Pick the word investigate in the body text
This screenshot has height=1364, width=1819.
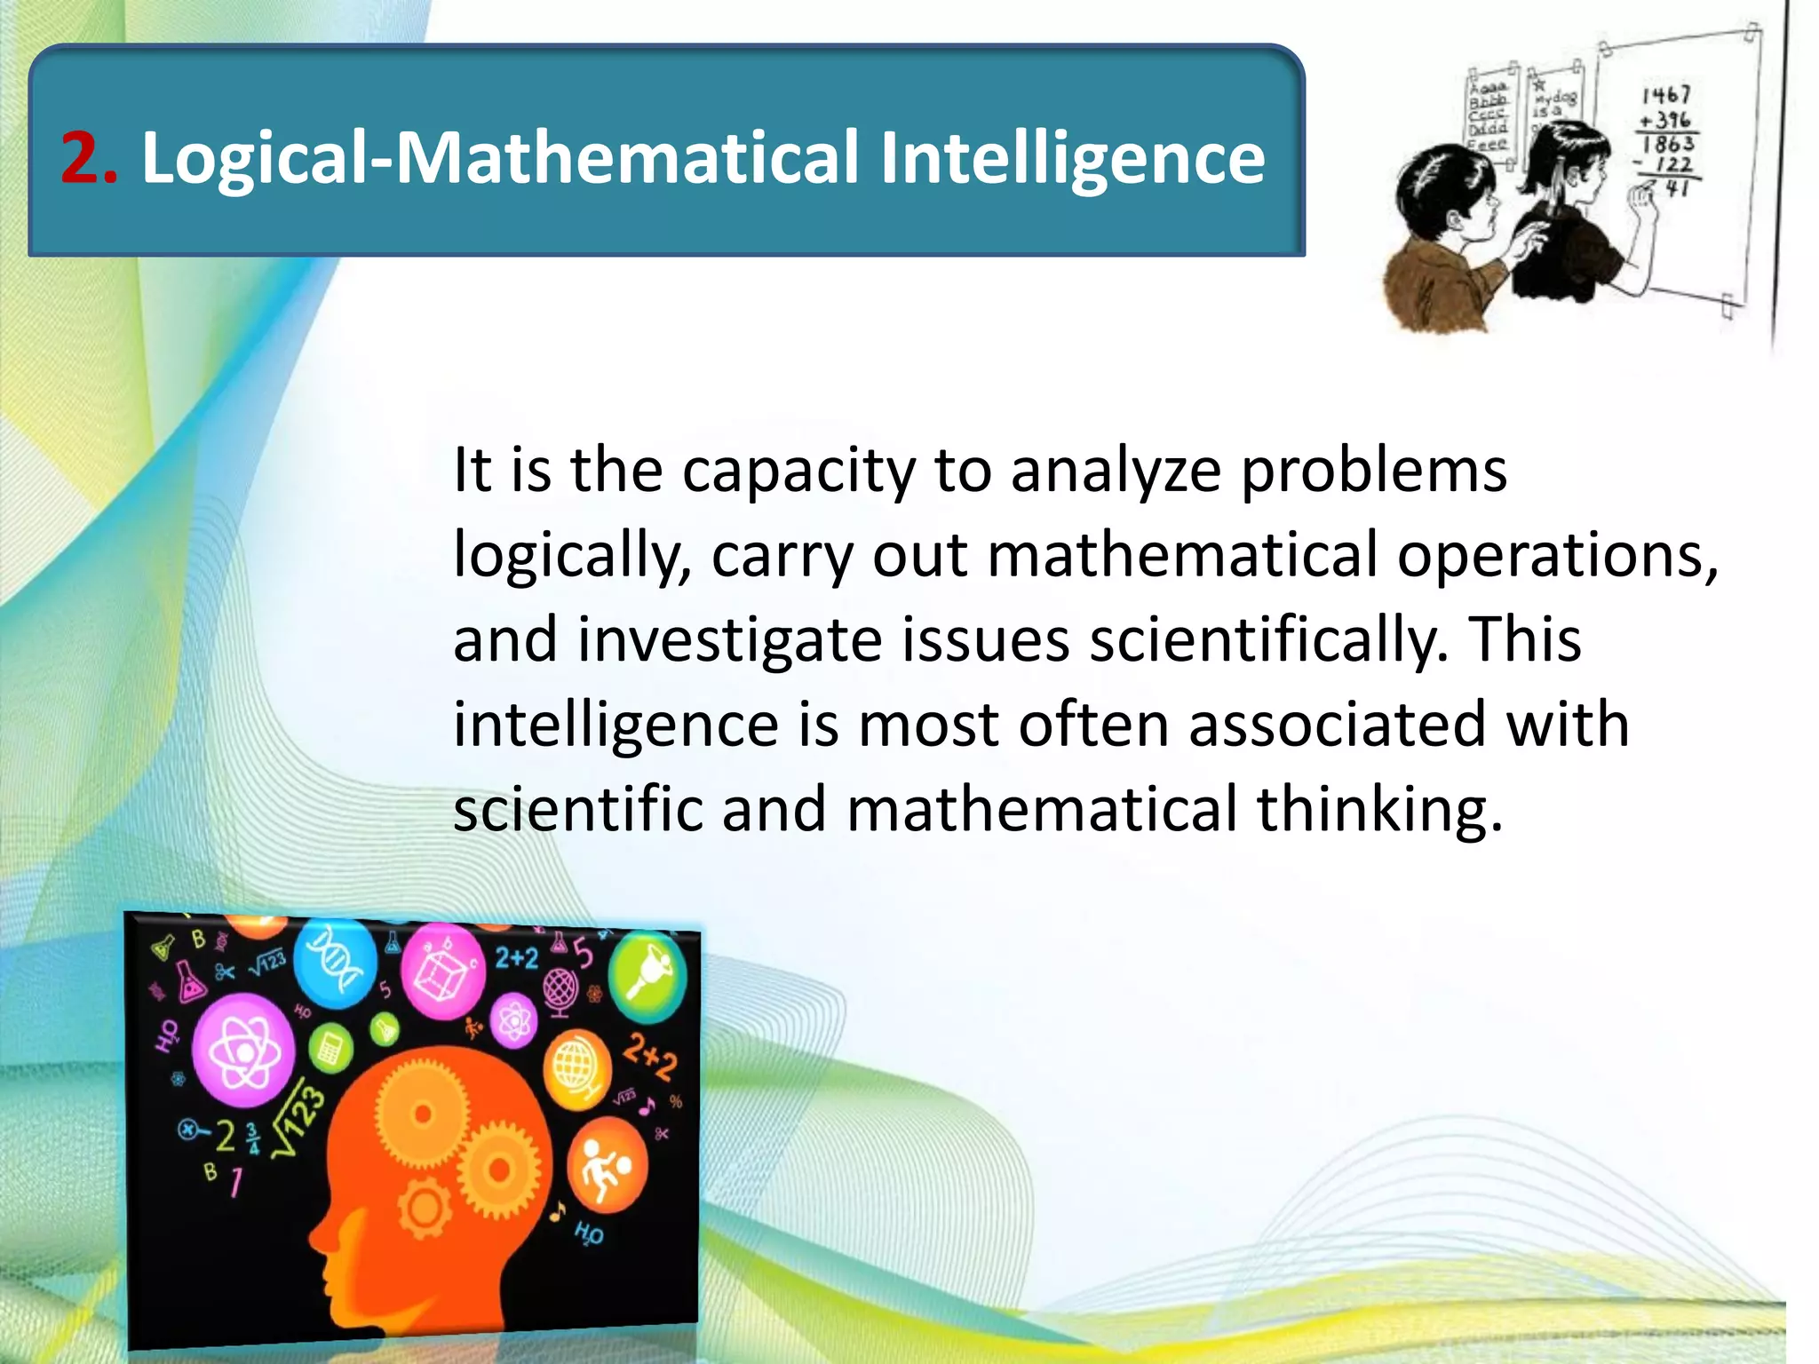click(x=729, y=640)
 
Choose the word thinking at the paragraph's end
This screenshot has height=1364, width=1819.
click(x=1379, y=810)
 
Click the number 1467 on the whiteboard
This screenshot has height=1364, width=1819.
click(x=1666, y=94)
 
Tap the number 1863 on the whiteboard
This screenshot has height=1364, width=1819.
click(x=1668, y=143)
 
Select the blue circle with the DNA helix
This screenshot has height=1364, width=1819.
click(x=335, y=964)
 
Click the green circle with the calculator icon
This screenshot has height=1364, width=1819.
click(x=330, y=1048)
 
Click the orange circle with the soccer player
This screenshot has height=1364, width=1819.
click(x=608, y=1165)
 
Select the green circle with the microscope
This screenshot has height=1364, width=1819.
click(x=649, y=974)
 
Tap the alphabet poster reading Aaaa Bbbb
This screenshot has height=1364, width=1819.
click(x=1489, y=115)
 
